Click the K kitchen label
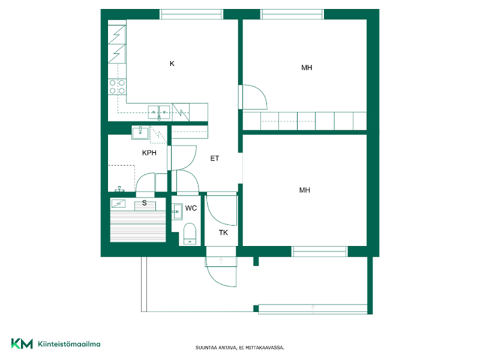tap(172, 64)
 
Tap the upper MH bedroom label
tap(307, 68)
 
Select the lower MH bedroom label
tap(305, 190)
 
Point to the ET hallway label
tap(215, 158)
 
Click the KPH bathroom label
tap(149, 153)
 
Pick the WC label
tap(191, 208)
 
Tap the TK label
tap(223, 233)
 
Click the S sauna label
tap(145, 203)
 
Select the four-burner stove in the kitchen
tap(117, 86)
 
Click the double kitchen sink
tap(159, 112)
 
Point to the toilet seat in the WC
tap(190, 234)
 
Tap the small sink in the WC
tap(177, 212)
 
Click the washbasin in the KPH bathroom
tap(140, 132)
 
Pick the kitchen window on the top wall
tap(191, 14)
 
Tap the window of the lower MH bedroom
tap(320, 251)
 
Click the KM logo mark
tap(22, 343)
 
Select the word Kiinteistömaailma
tap(69, 344)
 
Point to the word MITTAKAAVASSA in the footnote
tap(265, 348)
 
